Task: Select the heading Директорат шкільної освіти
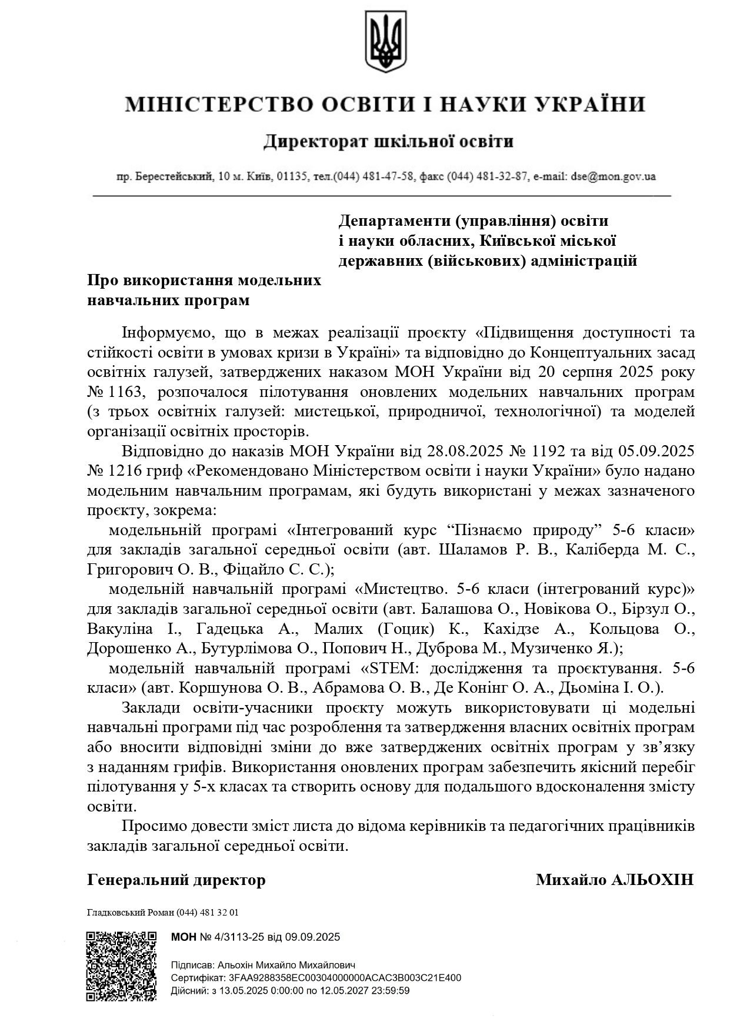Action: point(388,142)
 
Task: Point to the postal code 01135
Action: point(292,176)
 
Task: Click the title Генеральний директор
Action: point(176,880)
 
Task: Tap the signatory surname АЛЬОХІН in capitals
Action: point(654,880)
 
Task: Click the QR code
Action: point(122,967)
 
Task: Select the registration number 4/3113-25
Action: point(235,937)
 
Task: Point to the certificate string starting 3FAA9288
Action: point(345,978)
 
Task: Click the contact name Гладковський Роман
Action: point(130,913)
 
